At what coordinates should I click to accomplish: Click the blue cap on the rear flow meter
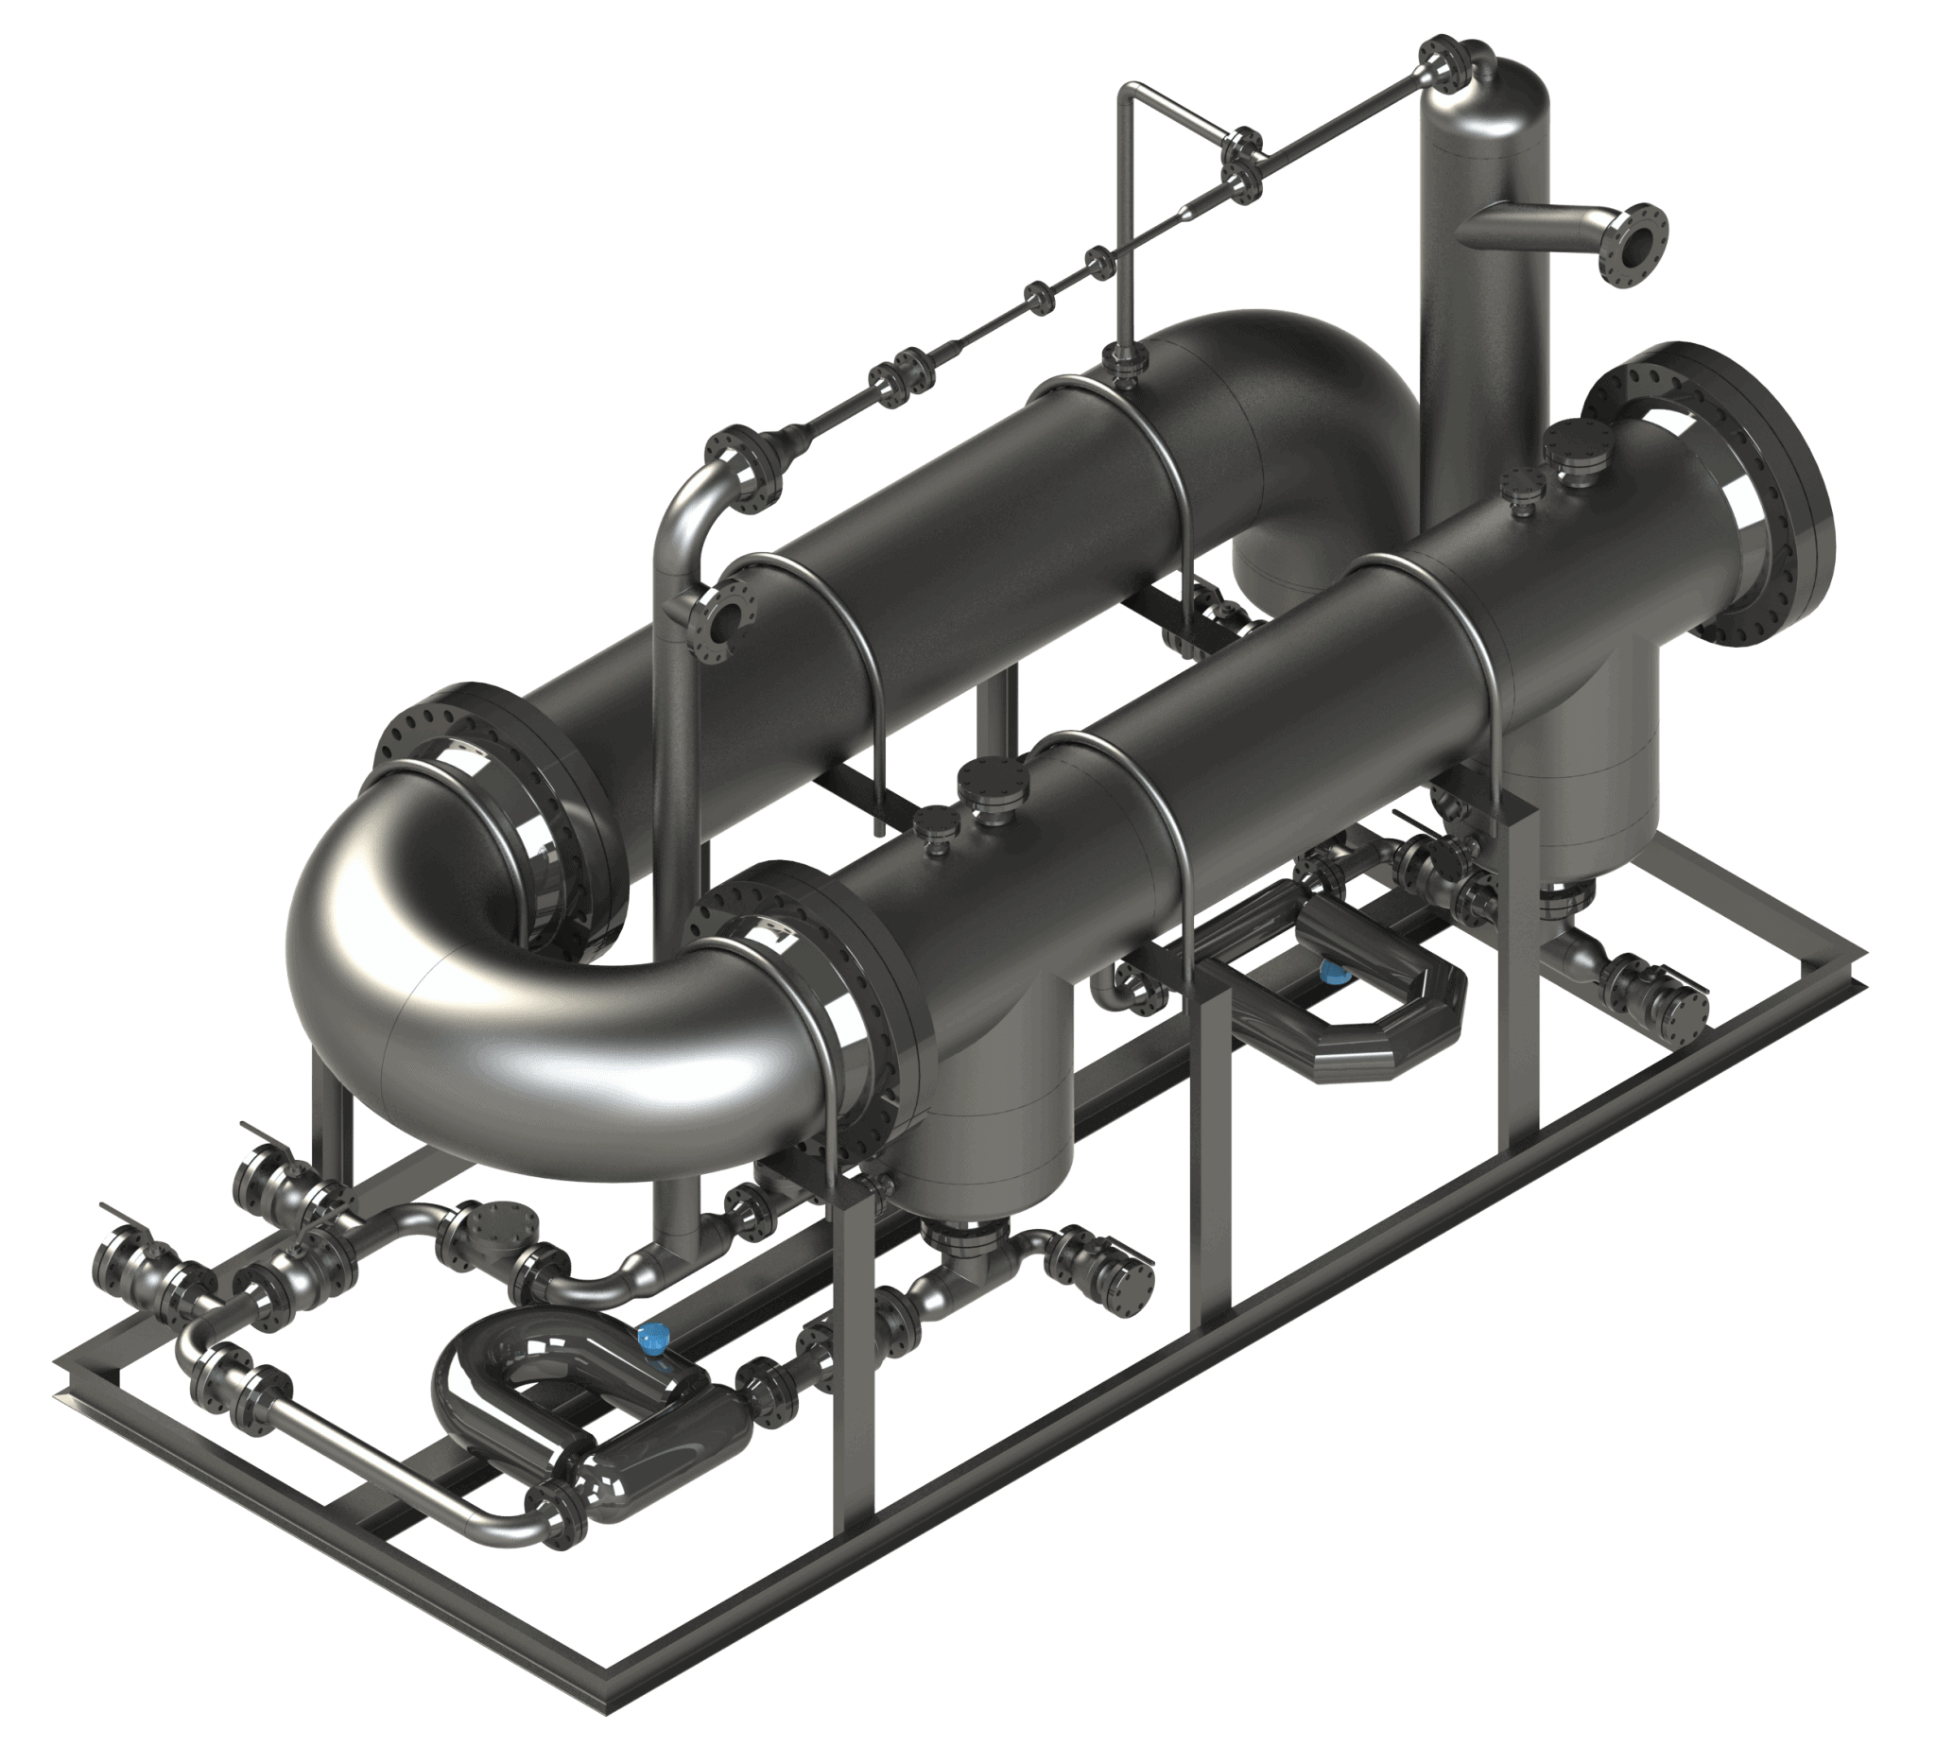pos(1332,973)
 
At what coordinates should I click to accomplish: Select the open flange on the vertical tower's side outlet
pos(1638,242)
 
